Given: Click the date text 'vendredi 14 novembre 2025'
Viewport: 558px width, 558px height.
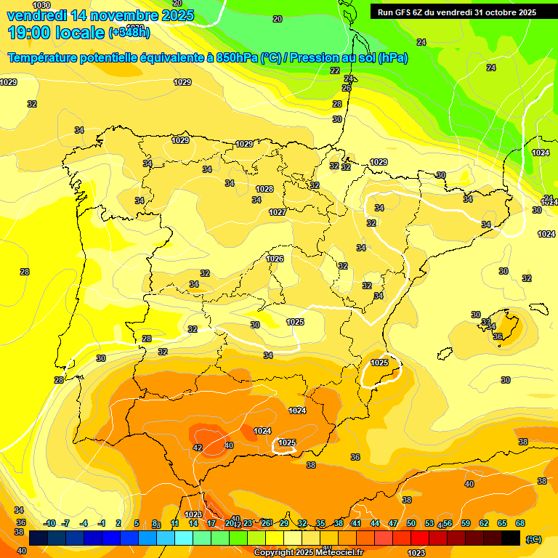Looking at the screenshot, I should tap(100, 15).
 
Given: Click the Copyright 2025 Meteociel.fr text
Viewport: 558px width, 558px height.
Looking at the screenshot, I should tap(309, 552).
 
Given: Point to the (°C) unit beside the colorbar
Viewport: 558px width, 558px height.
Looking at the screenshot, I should tap(533, 538).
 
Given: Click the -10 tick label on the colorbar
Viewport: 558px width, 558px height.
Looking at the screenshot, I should tap(49, 523).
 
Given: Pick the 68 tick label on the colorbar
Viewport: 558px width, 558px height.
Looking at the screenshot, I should tap(520, 523).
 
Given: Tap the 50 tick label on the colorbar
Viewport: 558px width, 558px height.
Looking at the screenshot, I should tap(411, 523).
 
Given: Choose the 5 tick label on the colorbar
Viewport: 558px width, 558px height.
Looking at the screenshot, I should tap(137, 523).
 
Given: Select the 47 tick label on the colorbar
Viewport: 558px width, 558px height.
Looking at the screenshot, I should tap(393, 523).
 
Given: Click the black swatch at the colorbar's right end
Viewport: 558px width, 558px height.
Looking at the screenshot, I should tap(511, 538).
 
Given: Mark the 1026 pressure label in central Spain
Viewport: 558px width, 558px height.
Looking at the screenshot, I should tap(275, 259).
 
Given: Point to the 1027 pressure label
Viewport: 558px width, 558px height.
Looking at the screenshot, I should tap(277, 212).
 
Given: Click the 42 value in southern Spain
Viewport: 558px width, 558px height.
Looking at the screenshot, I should tap(198, 448).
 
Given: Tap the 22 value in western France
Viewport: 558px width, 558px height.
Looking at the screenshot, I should tap(335, 70).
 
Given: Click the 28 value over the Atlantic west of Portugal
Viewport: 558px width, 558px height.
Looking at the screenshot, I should tap(25, 272).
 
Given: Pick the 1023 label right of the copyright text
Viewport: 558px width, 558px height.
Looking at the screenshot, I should tap(416, 553).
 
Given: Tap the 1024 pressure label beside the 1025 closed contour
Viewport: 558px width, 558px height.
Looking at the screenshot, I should tap(262, 431).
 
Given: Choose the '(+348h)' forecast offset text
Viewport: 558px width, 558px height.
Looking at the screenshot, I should tap(129, 32).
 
